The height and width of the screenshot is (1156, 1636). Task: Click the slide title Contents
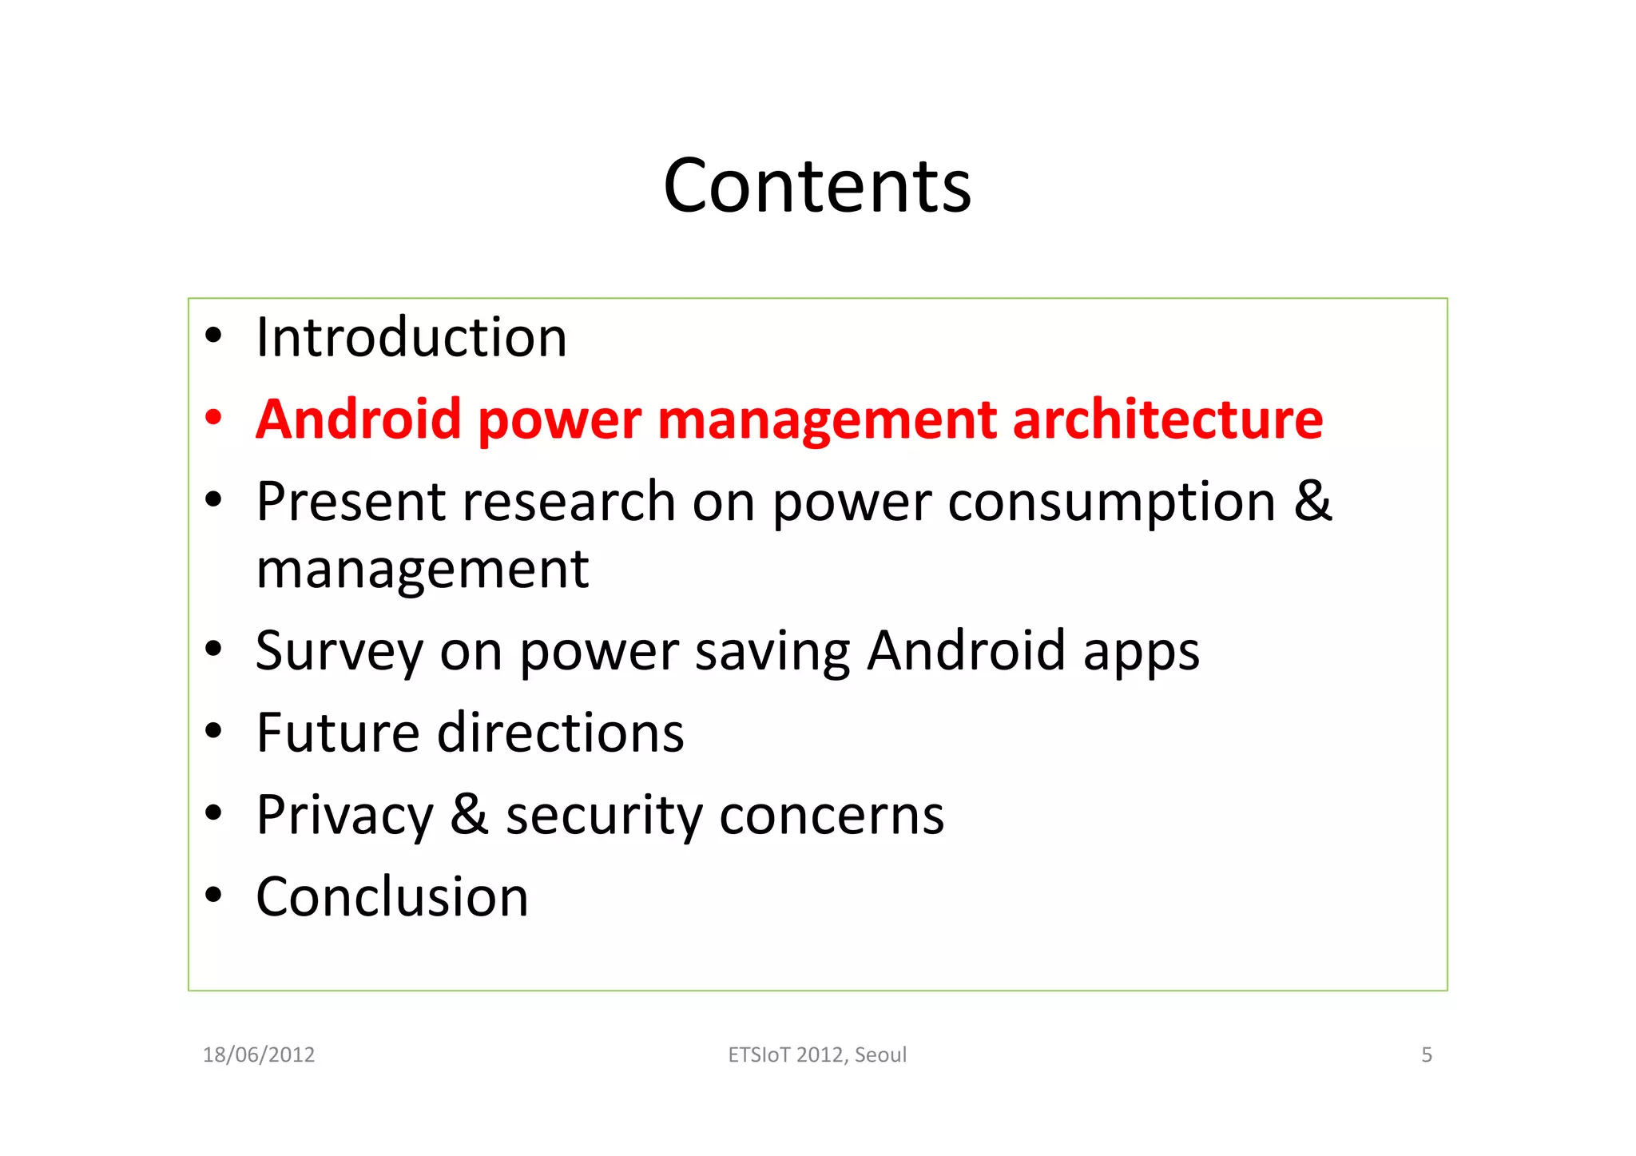(x=817, y=186)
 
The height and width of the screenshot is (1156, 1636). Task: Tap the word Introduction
(x=411, y=337)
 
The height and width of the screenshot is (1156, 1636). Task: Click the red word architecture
(x=1168, y=419)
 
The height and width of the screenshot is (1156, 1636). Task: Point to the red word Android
(x=359, y=419)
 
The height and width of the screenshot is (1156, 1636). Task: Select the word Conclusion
(x=392, y=897)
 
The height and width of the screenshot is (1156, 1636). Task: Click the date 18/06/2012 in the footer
(x=259, y=1055)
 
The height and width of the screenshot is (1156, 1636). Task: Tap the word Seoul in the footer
(x=880, y=1055)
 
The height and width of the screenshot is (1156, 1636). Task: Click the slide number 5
(x=1427, y=1055)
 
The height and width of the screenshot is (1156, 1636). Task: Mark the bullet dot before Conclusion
(x=212, y=896)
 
